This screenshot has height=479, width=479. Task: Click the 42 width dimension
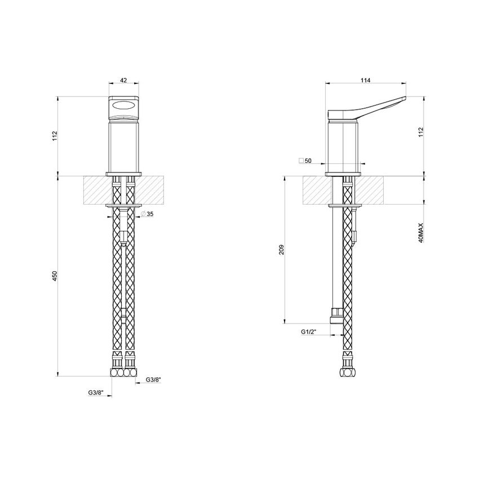124,81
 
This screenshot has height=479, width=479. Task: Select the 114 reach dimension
365,81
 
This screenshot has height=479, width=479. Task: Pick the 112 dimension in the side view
420,133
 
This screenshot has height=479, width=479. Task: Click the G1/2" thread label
308,333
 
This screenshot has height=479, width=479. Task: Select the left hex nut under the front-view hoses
117,372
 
